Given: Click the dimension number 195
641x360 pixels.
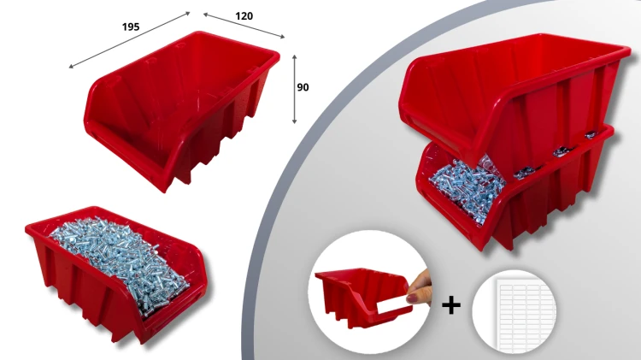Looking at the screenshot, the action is [x=131, y=27].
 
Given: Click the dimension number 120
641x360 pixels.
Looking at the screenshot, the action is [x=244, y=16].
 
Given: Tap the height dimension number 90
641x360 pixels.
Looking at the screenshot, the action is [x=303, y=87].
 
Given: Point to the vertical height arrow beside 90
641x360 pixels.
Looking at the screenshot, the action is [x=294, y=89].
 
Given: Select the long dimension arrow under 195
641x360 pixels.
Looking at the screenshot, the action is [x=130, y=39].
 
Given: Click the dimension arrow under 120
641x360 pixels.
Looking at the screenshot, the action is [x=244, y=26].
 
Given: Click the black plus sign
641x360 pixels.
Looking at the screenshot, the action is [x=451, y=304].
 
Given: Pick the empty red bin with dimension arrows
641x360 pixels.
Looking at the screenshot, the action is [x=182, y=109].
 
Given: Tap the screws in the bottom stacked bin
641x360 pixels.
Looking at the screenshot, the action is [x=466, y=186].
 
